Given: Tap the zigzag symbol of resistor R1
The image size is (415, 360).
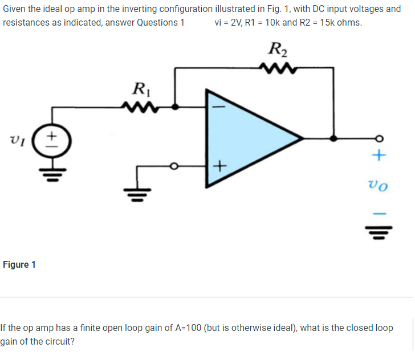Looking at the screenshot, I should pyautogui.click(x=137, y=106).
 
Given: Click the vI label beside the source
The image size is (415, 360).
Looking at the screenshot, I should pyautogui.click(x=17, y=138).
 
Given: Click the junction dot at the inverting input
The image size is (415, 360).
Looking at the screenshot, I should pyautogui.click(x=175, y=107).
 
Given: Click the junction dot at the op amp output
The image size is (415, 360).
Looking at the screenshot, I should pyautogui.click(x=333, y=138).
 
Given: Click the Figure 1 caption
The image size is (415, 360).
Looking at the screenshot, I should pyautogui.click(x=19, y=265).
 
